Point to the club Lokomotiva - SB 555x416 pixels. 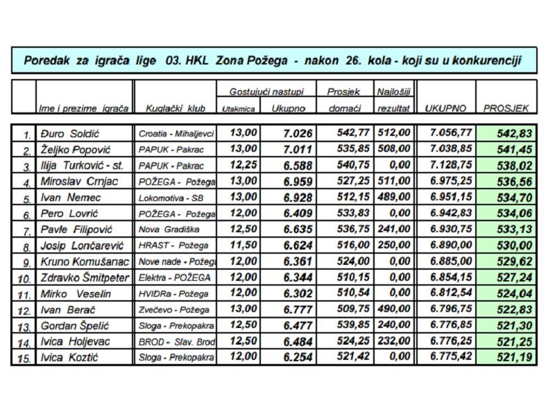click(169, 198)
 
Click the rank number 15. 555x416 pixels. click(26, 358)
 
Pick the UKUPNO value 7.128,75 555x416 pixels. click(450, 166)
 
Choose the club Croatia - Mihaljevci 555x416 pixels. click(176, 134)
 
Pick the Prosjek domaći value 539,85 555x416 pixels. click(353, 325)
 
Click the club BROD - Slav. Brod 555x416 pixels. click(176, 341)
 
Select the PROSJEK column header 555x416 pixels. click(506, 109)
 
